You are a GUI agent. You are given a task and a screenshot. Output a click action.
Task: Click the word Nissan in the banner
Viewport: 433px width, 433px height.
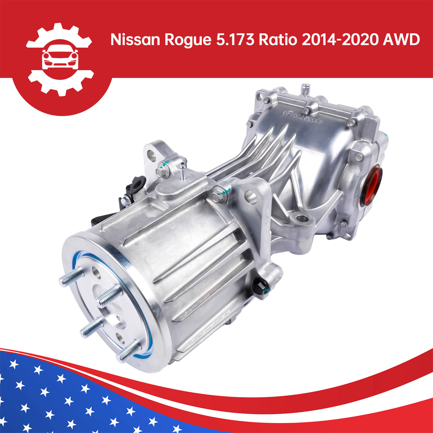(x=135, y=40)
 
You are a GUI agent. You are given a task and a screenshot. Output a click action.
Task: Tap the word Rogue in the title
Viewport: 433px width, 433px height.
(x=188, y=40)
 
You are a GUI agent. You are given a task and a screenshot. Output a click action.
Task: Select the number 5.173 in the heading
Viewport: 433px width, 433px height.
(x=235, y=40)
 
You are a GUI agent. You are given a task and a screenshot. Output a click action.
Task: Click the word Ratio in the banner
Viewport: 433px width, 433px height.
(x=278, y=40)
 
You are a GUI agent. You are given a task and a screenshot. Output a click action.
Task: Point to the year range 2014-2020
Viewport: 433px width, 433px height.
(x=340, y=40)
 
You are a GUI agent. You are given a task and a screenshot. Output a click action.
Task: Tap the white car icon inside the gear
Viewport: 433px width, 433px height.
(x=60, y=57)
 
